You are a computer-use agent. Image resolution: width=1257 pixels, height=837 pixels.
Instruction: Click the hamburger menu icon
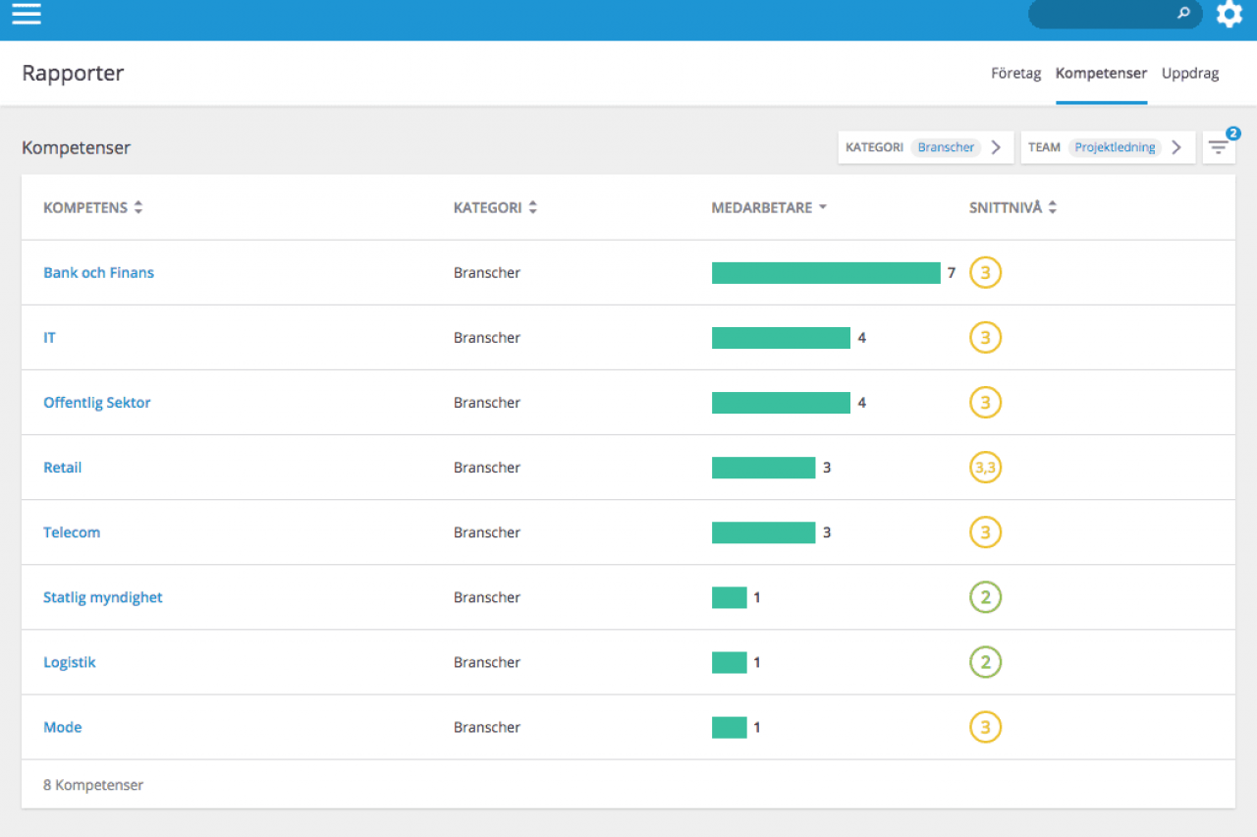click(27, 14)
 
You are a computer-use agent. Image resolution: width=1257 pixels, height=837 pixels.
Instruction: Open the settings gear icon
click(1229, 14)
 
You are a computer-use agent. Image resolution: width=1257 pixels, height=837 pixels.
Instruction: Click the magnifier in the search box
click(1183, 13)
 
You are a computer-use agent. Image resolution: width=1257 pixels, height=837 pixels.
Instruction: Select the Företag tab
click(1015, 73)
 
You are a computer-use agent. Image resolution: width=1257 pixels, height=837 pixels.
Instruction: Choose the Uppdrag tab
click(1189, 73)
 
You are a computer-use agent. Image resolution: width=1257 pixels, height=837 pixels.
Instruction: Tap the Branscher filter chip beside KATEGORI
click(946, 147)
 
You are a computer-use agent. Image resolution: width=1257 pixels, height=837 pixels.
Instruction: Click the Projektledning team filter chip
click(1115, 147)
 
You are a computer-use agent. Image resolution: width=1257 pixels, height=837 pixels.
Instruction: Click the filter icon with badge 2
click(1219, 147)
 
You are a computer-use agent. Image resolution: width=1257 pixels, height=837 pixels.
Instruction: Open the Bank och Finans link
click(99, 272)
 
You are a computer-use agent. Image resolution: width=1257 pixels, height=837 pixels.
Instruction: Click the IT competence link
click(49, 337)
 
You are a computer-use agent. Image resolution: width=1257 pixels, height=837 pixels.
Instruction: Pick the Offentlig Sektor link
click(97, 403)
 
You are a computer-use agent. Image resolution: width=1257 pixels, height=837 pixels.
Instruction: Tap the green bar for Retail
click(763, 468)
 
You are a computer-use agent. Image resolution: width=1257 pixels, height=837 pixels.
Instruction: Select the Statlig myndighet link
click(103, 597)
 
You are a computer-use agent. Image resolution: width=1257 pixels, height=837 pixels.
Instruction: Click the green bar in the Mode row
click(729, 727)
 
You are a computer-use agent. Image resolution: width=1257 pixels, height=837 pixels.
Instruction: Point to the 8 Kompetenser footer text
click(93, 785)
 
